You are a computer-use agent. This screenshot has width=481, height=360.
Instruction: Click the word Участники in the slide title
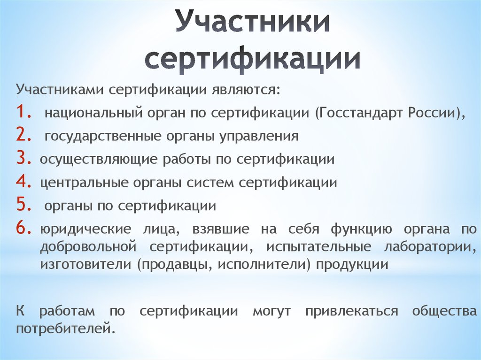[252, 22]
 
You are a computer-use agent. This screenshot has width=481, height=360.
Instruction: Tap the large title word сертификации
[252, 60]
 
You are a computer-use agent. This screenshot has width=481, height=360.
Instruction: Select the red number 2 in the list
[23, 134]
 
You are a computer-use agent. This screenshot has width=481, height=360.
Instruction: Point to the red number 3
[23, 158]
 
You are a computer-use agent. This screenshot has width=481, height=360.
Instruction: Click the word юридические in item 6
[85, 230]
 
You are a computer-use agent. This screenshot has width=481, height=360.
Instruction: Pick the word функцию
[361, 230]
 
